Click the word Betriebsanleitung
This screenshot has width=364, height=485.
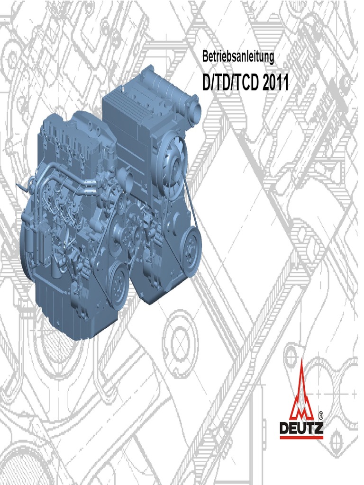pyautogui.click(x=238, y=57)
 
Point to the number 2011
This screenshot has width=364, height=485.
pyautogui.click(x=276, y=82)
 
